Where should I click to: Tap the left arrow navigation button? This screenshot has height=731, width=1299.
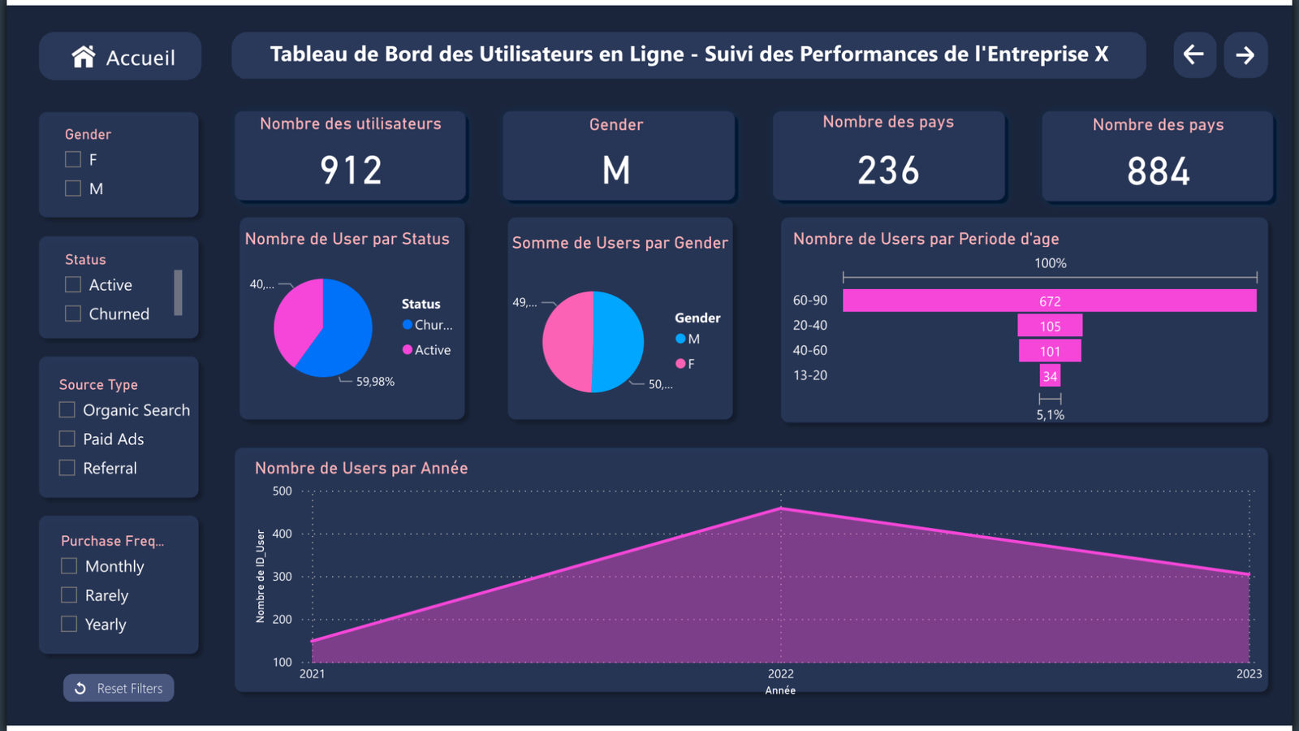tap(1194, 55)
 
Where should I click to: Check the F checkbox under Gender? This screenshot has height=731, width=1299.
tap(73, 160)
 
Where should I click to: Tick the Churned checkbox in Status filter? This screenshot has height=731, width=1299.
tap(73, 314)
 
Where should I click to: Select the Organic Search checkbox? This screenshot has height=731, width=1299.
tap(67, 410)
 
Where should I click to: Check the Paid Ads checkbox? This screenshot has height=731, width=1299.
tap(67, 439)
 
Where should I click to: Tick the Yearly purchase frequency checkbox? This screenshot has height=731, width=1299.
tap(70, 625)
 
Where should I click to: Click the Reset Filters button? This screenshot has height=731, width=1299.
tap(119, 688)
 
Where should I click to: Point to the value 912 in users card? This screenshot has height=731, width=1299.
tap(351, 171)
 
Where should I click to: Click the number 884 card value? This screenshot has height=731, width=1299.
tap(1158, 171)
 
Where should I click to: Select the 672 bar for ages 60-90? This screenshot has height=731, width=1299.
tap(1049, 301)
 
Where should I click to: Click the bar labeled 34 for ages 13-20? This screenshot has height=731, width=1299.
tap(1050, 376)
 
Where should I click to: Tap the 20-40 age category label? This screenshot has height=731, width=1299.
tap(809, 326)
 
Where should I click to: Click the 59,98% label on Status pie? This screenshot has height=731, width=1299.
tap(375, 382)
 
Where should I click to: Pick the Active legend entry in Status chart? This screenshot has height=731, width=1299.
tap(432, 350)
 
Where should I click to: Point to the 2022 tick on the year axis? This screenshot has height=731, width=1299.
tap(780, 673)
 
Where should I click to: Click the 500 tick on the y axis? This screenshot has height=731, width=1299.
tap(282, 491)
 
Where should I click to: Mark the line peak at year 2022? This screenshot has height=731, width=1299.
tap(781, 508)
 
